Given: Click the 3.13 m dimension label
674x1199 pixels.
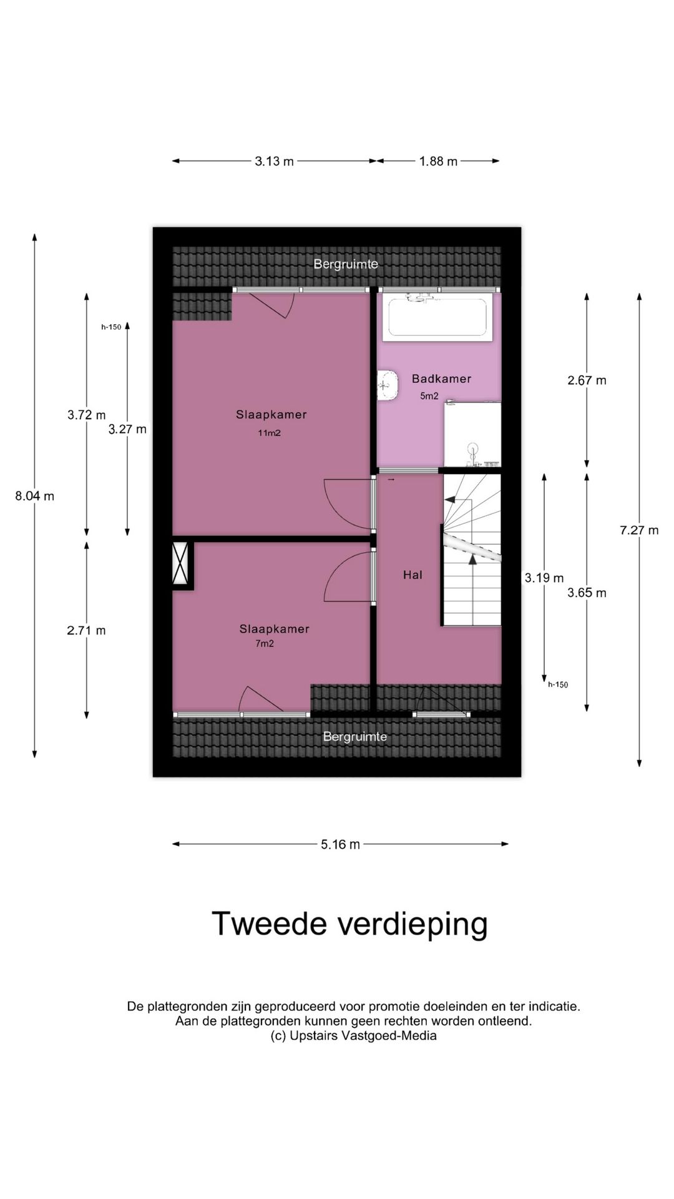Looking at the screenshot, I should (274, 161).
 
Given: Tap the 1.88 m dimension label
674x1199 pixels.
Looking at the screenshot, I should (438, 161).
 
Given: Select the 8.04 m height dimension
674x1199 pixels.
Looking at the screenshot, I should (35, 496).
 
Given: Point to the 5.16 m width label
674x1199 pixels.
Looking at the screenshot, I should (340, 844).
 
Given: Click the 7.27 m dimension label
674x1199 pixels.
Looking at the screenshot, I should (639, 530).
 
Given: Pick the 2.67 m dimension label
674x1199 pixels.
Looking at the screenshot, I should (587, 380).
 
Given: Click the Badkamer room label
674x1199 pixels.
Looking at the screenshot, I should (441, 378).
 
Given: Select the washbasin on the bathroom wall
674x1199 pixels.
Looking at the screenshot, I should (387, 385).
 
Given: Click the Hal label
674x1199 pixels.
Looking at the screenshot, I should (413, 575).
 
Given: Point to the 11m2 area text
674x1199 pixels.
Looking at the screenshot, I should (269, 433).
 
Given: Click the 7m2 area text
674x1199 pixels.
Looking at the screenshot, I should (265, 643).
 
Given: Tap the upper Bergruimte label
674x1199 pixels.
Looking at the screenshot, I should (346, 264).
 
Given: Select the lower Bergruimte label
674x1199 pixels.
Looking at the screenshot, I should (354, 737).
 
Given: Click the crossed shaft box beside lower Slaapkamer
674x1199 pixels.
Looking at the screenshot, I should (182, 565).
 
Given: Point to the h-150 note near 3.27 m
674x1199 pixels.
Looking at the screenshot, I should (111, 327).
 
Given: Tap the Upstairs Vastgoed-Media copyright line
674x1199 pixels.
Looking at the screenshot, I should (353, 1036).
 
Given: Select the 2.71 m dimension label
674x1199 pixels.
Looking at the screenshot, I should (86, 631).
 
